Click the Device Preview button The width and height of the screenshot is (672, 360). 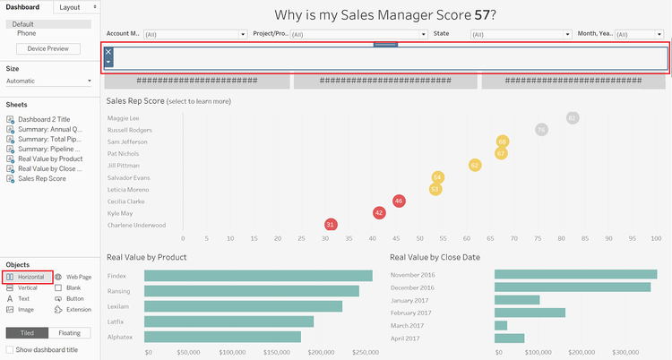(48, 48)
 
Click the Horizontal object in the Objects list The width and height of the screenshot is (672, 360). (30, 278)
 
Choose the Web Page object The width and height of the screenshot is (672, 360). (78, 278)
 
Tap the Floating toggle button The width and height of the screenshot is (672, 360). (74, 333)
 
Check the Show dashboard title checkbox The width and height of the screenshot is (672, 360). (10, 349)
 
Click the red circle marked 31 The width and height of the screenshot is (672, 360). (331, 224)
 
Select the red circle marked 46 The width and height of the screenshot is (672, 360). (399, 201)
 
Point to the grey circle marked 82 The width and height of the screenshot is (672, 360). (573, 118)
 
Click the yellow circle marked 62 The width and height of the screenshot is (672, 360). (475, 165)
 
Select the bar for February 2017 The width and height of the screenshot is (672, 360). (530, 313)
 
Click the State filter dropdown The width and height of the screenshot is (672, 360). (520, 34)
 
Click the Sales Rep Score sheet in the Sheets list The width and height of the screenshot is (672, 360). (42, 178)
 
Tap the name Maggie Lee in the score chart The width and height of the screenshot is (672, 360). (123, 118)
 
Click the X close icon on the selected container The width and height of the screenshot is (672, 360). (108, 52)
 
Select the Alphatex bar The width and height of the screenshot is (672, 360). (222, 338)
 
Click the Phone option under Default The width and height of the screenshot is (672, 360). (27, 33)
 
